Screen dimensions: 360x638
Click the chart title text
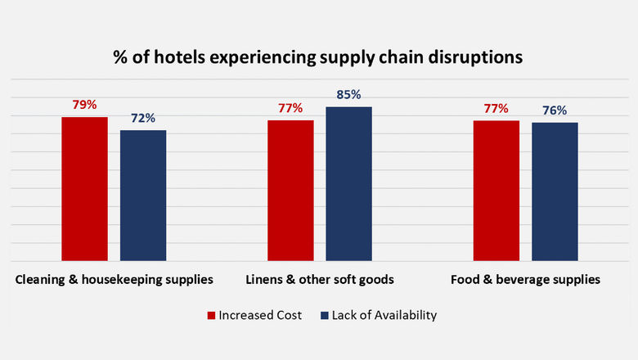tap(318, 58)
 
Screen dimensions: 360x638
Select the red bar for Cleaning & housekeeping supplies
tap(85, 188)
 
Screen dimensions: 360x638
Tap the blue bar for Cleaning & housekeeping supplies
tap(143, 195)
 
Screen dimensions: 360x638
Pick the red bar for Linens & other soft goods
tap(290, 190)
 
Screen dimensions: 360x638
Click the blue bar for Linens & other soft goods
tap(349, 183)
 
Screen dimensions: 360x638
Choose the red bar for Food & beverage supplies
tap(496, 190)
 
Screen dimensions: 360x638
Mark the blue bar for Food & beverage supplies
tap(555, 191)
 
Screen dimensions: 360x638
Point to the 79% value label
tap(84, 105)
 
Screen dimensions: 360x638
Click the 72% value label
tap(143, 118)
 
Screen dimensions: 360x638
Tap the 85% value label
tap(348, 94)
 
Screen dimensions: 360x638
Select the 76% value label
tap(555, 110)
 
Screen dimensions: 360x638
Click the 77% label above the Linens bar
tap(290, 108)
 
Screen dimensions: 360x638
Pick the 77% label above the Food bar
tap(496, 108)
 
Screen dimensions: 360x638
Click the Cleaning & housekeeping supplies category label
tap(115, 280)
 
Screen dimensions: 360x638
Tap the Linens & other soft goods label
tap(320, 280)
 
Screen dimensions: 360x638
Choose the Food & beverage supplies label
tap(525, 280)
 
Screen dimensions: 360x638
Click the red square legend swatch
tap(210, 315)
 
